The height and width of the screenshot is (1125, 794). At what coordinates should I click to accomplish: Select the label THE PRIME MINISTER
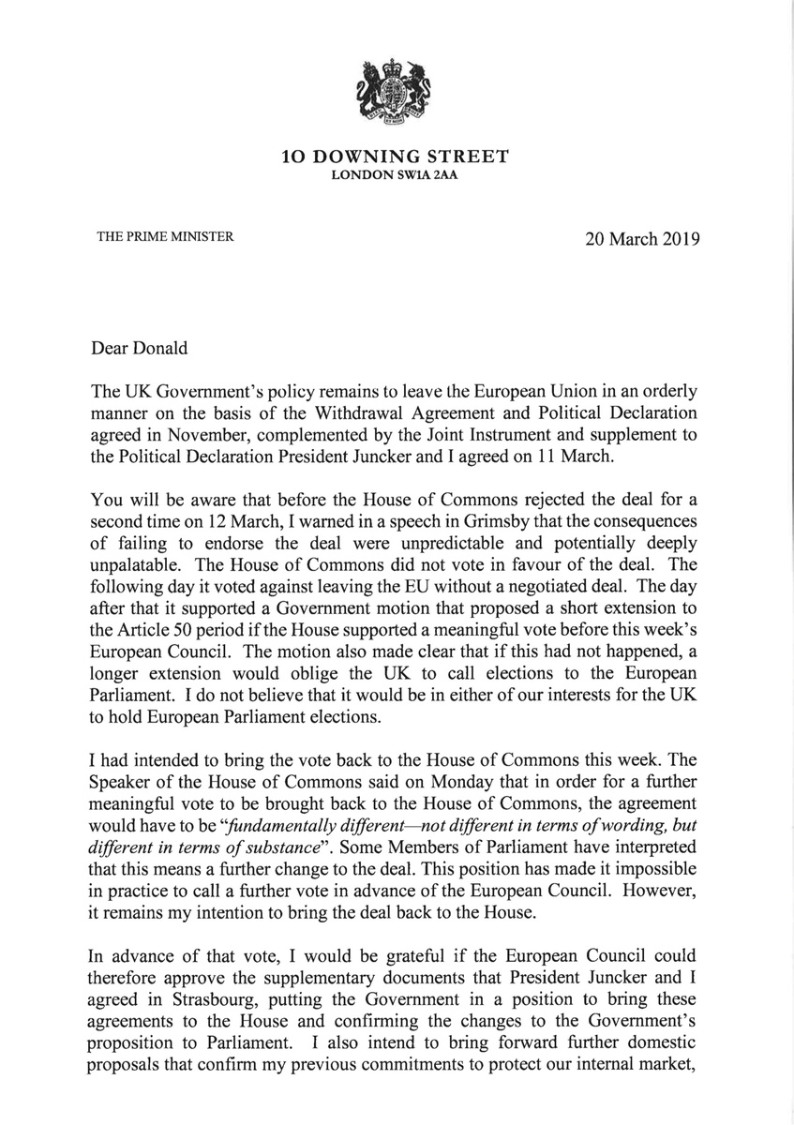(x=165, y=237)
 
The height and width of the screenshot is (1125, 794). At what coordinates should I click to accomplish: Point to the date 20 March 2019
(x=642, y=238)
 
